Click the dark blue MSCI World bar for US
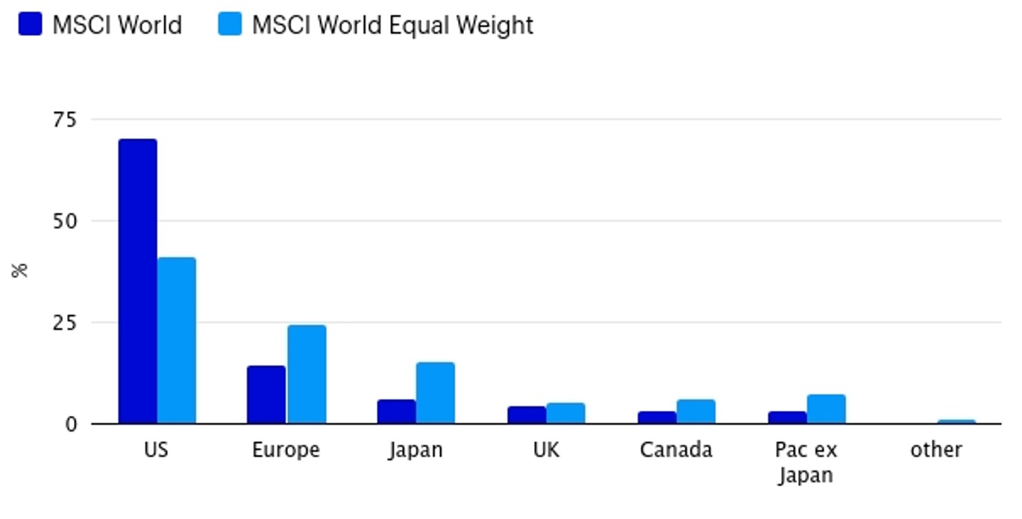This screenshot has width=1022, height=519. [138, 281]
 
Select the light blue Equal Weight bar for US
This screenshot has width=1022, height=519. [177, 341]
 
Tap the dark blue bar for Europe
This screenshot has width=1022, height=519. [266, 394]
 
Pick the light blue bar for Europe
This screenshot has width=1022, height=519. [307, 374]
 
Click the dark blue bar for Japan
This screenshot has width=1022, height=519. [396, 411]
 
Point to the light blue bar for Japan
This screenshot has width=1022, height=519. [436, 393]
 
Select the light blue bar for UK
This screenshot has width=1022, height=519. [565, 413]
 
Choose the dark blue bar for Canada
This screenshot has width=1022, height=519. [657, 417]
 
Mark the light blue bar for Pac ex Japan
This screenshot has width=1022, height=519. [826, 408]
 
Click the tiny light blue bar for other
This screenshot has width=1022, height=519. [956, 422]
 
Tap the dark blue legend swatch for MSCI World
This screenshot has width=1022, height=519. [31, 25]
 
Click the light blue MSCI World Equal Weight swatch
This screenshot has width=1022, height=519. [231, 25]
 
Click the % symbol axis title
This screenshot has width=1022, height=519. [20, 270]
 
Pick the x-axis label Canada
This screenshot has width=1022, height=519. [676, 450]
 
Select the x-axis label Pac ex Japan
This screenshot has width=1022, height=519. [806, 462]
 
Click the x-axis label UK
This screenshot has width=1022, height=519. [546, 450]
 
